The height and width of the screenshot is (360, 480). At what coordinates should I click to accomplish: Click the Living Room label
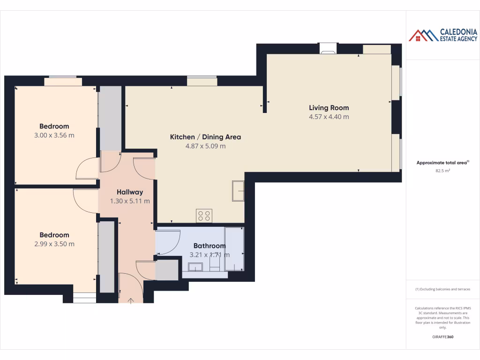[329, 108]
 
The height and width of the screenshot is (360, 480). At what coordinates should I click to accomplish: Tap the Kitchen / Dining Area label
[205, 137]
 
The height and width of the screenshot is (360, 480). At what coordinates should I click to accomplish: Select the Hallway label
[130, 192]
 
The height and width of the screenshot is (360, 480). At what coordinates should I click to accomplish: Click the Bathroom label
[210, 246]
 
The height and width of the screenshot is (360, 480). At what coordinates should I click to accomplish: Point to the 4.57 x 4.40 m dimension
[329, 117]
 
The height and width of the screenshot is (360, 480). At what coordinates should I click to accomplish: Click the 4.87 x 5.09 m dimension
[205, 146]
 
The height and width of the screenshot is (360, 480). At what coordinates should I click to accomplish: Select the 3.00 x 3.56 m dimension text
[54, 135]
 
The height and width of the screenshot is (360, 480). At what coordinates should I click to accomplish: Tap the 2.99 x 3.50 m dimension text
[54, 244]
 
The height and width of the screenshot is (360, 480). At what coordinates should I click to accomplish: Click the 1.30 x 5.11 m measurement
[130, 201]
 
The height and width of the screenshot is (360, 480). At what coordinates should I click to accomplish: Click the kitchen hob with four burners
[204, 216]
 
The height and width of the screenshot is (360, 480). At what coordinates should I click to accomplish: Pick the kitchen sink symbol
[238, 190]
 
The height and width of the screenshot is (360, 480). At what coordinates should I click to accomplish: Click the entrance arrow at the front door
[131, 300]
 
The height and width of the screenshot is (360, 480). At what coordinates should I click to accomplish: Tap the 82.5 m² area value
[442, 171]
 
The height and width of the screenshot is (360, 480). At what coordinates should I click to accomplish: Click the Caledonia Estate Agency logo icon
[423, 35]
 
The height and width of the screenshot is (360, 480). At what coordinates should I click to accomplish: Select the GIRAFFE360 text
[442, 337]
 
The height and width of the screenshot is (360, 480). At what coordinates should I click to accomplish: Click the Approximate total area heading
[442, 163]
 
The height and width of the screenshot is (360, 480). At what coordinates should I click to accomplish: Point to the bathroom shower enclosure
[234, 249]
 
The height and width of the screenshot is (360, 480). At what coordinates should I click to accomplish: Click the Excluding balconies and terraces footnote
[442, 289]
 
